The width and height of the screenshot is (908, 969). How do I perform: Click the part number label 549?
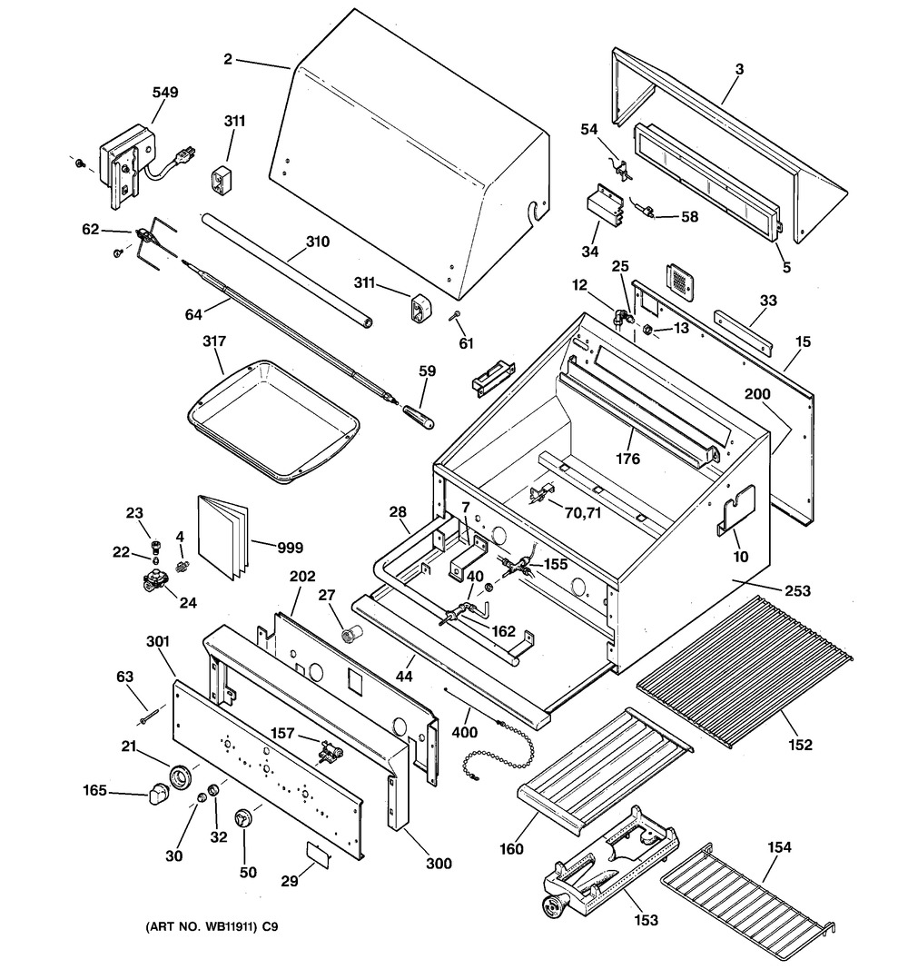click(x=165, y=92)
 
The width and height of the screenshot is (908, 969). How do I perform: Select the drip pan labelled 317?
click(x=273, y=417)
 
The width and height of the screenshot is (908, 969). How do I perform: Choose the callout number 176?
click(x=627, y=459)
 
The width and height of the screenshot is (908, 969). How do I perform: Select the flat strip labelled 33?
click(x=744, y=331)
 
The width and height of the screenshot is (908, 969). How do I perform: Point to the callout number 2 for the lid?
click(x=228, y=60)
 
